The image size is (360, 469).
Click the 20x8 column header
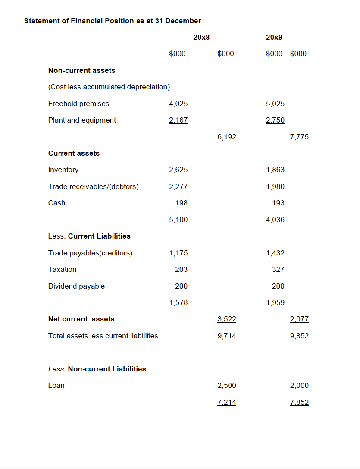(x=201, y=38)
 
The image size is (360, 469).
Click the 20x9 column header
(x=275, y=38)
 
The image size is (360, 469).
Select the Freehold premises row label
(x=78, y=104)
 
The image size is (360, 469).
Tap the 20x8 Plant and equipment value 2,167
(x=178, y=120)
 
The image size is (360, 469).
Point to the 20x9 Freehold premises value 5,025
(x=275, y=104)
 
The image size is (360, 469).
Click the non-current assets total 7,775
(x=300, y=137)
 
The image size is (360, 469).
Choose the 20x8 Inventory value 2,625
(x=178, y=170)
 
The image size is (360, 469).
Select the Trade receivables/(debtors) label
(x=93, y=186)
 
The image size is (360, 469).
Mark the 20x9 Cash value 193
(x=278, y=203)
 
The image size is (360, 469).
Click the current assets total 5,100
(x=178, y=220)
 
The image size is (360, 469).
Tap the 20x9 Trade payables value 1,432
(x=275, y=253)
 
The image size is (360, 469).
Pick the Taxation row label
(x=62, y=269)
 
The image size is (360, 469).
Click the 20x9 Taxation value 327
(x=278, y=269)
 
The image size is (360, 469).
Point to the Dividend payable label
(x=76, y=286)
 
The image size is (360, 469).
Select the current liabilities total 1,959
(x=275, y=303)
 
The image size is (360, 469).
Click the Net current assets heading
(x=81, y=319)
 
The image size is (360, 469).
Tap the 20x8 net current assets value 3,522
(x=227, y=319)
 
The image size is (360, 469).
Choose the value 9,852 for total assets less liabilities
(x=300, y=336)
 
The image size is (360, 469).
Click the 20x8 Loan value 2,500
(x=227, y=386)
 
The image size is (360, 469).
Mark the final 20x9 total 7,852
(x=300, y=403)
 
